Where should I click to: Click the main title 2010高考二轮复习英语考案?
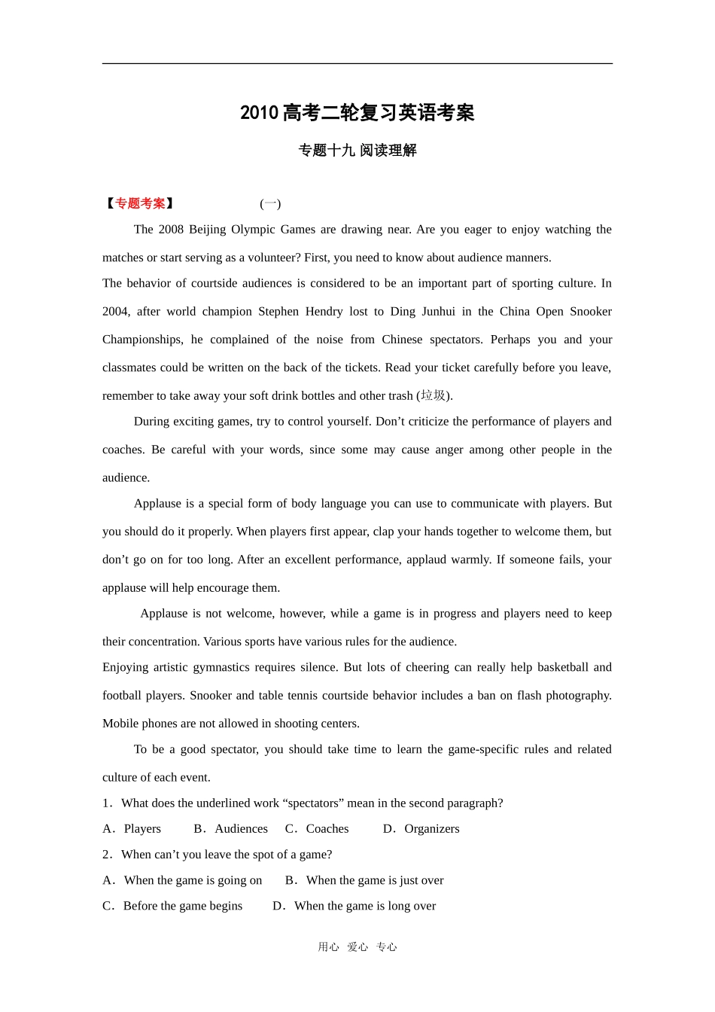[357, 113]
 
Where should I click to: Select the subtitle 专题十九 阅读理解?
[357, 151]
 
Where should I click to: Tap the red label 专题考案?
[140, 203]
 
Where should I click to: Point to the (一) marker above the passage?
[270, 203]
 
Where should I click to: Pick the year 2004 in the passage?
[116, 312]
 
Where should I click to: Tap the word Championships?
[142, 340]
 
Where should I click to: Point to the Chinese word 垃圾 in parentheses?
[434, 395]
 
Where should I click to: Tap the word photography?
[577, 696]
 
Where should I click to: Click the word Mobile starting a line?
[120, 724]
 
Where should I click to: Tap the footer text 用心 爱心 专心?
[357, 947]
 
